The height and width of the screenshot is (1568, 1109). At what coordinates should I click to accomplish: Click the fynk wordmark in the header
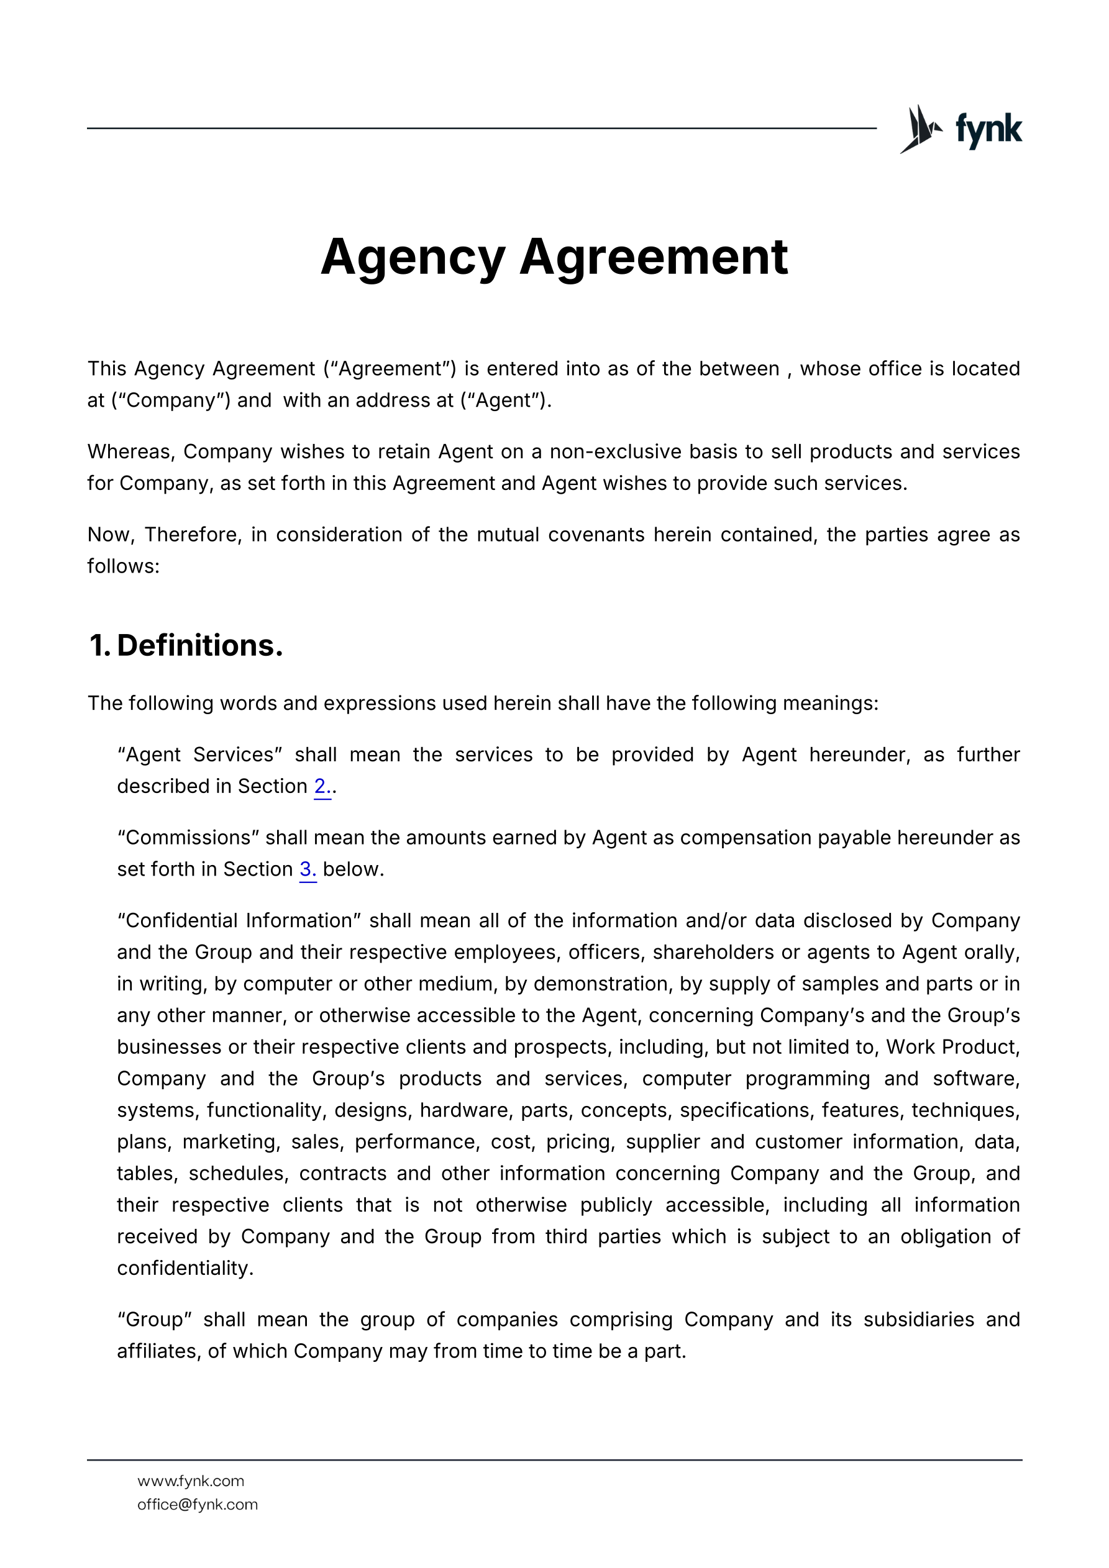click(988, 129)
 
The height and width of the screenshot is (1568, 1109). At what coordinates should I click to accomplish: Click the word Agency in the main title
click(413, 257)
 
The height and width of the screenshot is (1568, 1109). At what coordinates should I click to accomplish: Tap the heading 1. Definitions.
click(186, 645)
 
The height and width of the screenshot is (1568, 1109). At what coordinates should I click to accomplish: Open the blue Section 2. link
click(322, 787)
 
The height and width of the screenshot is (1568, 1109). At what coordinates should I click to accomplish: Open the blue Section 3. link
click(308, 869)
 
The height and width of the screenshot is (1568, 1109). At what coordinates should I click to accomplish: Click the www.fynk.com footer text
click(191, 1480)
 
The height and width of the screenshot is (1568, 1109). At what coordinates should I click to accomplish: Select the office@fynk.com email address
click(198, 1504)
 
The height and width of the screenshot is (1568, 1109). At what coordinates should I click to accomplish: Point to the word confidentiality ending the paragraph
click(185, 1268)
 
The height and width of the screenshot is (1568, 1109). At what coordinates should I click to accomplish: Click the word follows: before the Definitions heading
click(123, 566)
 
